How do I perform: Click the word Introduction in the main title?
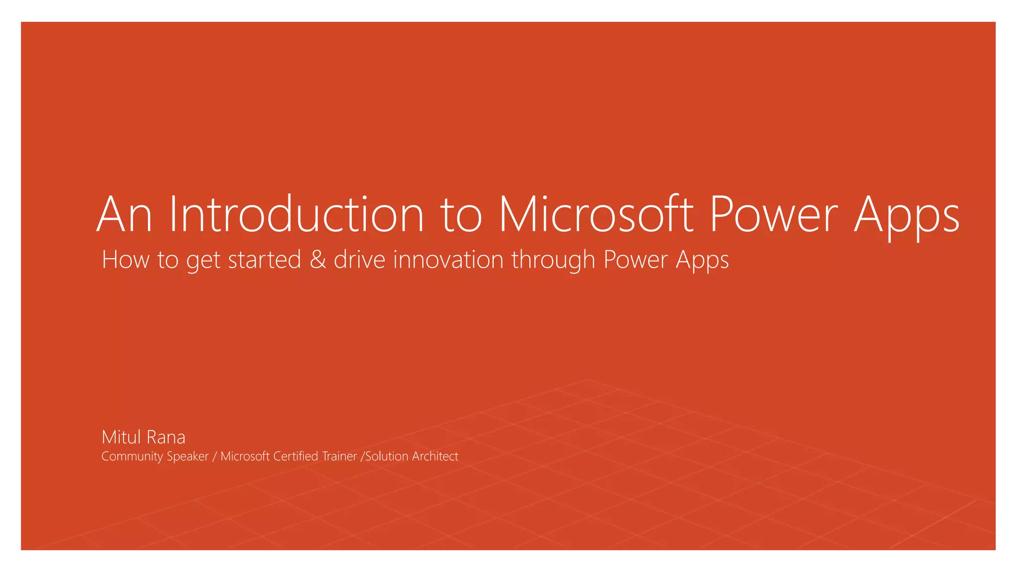[x=296, y=214]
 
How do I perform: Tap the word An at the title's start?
[x=124, y=214]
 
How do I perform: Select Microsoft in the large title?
[x=595, y=214]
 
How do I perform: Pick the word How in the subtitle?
[x=125, y=260]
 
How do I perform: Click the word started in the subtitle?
[x=264, y=260]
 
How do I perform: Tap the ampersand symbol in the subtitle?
[x=318, y=260]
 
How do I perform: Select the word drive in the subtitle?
[x=360, y=260]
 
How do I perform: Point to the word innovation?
[x=448, y=260]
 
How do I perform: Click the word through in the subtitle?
[x=553, y=260]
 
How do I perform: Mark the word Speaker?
[x=188, y=456]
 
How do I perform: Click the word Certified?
[x=295, y=456]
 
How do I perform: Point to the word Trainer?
[x=339, y=456]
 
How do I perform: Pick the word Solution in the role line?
[x=387, y=456]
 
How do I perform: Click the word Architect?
[x=435, y=456]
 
